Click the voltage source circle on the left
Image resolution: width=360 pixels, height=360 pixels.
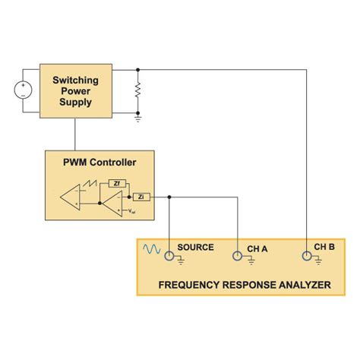(x=23, y=90)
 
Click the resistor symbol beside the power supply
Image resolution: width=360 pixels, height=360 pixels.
(x=137, y=91)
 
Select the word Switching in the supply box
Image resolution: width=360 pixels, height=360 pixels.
(x=74, y=80)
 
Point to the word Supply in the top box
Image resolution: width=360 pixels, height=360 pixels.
(x=74, y=103)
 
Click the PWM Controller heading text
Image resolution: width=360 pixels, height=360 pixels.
(x=99, y=162)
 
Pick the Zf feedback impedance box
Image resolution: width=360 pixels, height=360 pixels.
(x=116, y=182)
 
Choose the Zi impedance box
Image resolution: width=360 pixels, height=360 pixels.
(x=142, y=196)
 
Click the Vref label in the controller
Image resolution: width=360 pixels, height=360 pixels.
(x=132, y=211)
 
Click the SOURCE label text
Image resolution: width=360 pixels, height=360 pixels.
(x=195, y=247)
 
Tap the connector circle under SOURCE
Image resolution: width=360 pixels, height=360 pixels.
(x=169, y=256)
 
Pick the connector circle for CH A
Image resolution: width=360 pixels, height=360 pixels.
(x=238, y=256)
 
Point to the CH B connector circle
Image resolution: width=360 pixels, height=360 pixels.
(x=305, y=256)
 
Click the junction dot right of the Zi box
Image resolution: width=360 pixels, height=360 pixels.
(x=169, y=196)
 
